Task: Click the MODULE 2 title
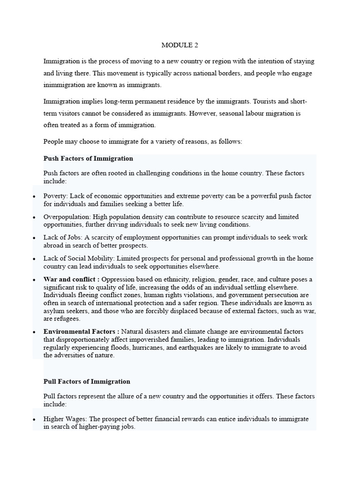click(x=177, y=45)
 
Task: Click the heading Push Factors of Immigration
click(x=88, y=158)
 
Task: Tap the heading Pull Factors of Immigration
click(x=87, y=382)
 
